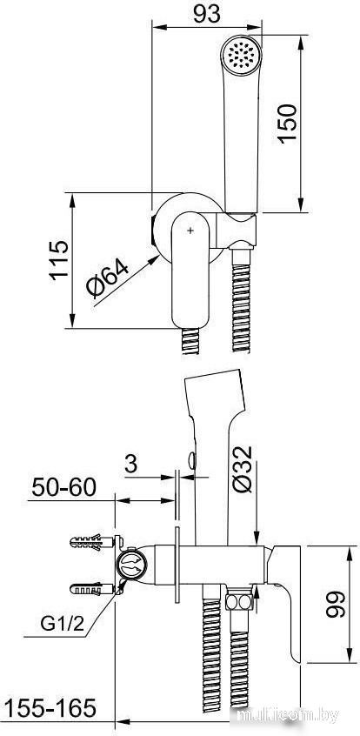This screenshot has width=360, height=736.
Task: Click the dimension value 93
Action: coord(207,13)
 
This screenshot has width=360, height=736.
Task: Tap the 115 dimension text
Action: coord(60,260)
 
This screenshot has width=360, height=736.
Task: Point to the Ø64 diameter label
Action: coord(107,279)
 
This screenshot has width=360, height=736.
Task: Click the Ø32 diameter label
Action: coord(243,470)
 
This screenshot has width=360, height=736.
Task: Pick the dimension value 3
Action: coord(131,465)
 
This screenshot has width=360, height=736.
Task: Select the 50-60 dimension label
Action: coord(64,488)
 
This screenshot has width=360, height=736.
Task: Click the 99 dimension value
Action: coord(335,604)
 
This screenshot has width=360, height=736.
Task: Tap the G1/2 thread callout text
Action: coord(62,624)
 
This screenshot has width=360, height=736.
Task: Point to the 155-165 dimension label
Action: coord(50,708)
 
